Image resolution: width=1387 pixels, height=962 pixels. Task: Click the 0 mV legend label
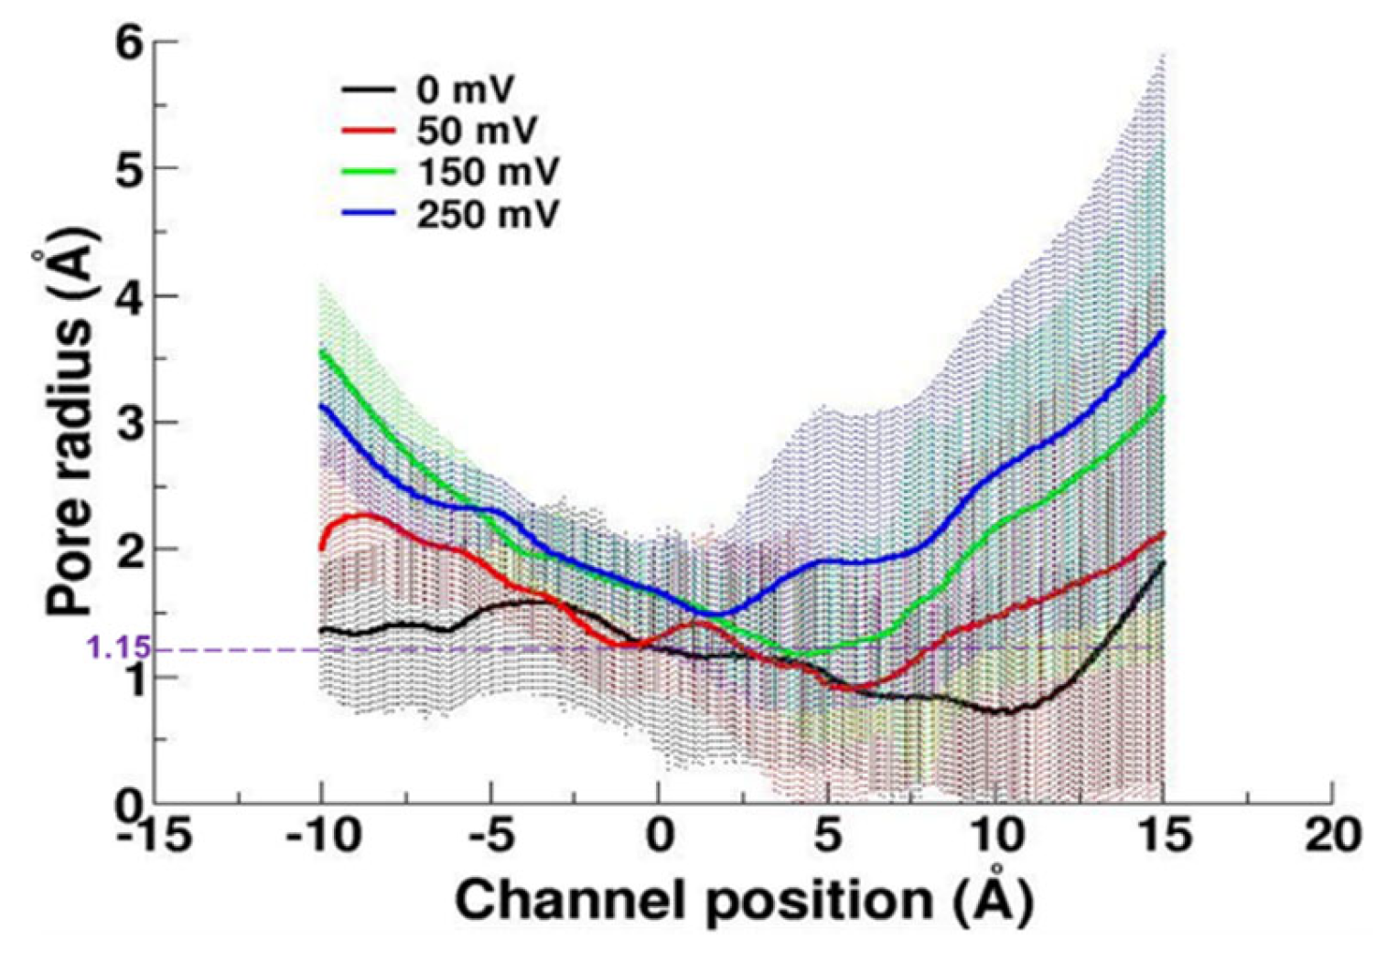coord(465,91)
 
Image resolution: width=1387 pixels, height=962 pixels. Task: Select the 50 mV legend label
coord(476,131)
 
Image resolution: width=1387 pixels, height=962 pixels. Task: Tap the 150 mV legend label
coord(487,172)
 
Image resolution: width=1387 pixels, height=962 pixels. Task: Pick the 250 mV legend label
coord(487,214)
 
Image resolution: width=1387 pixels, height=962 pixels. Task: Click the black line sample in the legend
coord(369,90)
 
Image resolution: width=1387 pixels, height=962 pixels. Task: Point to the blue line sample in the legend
coord(369,214)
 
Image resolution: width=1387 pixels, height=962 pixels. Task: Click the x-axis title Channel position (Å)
coord(744,902)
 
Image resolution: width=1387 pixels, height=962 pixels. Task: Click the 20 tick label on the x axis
coord(1332,835)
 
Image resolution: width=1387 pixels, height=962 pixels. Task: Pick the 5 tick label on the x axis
coord(827,835)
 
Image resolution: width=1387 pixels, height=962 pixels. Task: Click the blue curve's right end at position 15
coord(1163,332)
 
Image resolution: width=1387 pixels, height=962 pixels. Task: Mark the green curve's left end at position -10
coord(321,351)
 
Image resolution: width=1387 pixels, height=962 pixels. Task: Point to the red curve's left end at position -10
coord(321,549)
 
